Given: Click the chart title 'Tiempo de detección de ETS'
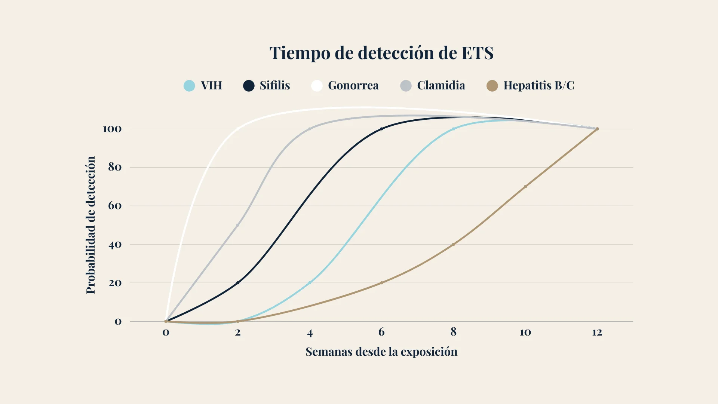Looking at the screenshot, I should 381,53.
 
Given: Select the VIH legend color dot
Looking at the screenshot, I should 189,86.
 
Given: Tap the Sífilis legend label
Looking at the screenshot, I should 275,86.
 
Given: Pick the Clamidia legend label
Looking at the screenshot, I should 441,86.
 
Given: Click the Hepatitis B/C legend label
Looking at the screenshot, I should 538,86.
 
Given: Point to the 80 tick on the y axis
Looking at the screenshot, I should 115,167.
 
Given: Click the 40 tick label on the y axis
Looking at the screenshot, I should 115,245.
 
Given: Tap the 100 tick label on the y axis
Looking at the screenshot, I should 112,129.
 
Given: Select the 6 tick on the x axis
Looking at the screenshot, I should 381,332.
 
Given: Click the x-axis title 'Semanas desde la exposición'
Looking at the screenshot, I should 381,352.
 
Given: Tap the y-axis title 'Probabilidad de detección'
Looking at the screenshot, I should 91,225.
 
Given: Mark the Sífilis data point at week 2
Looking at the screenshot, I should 238,283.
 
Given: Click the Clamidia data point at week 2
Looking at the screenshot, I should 238,225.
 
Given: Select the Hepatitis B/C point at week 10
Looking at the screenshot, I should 525,187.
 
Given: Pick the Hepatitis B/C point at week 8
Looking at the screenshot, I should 454,245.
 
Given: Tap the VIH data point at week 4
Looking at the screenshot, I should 310,283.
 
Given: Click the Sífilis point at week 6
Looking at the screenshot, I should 381,129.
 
